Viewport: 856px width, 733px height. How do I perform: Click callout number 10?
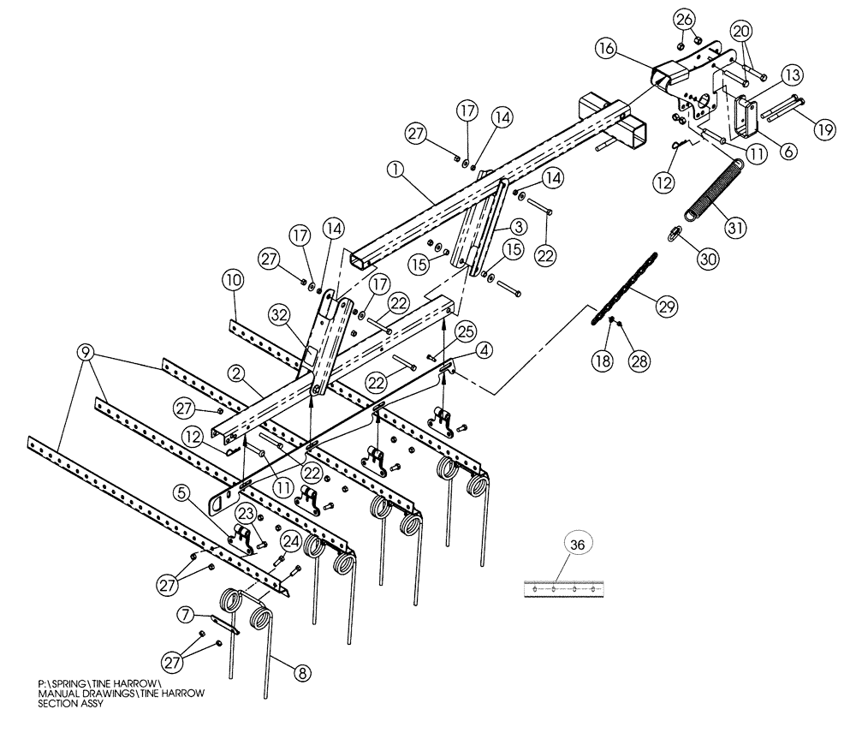pyautogui.click(x=233, y=281)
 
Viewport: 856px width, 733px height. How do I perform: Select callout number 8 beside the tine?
pyautogui.click(x=300, y=672)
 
